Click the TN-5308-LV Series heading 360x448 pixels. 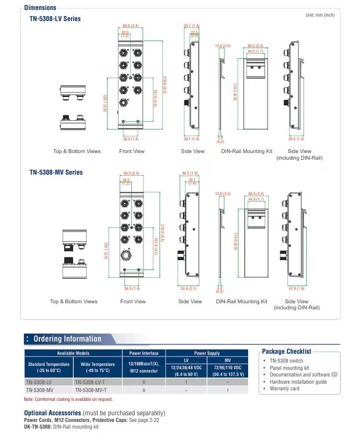[55, 18]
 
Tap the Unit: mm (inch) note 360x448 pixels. [320, 15]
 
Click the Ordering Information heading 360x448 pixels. [68, 339]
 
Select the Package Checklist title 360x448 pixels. [286, 351]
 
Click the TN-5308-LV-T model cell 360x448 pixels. [91, 382]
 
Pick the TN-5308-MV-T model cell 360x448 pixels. [91, 390]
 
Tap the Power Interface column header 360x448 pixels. [144, 353]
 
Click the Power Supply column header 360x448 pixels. [207, 353]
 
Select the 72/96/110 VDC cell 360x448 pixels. [227, 368]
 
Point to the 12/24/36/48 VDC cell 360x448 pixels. [186, 368]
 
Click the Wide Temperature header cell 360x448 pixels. [97, 367]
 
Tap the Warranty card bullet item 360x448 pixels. [285, 388]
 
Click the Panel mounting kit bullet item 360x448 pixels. [289, 368]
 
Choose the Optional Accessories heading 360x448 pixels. [53, 413]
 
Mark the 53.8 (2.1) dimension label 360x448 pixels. [189, 288]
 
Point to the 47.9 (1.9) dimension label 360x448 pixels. [296, 288]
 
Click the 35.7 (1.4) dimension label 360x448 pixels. [191, 26]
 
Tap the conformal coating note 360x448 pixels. [68, 399]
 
